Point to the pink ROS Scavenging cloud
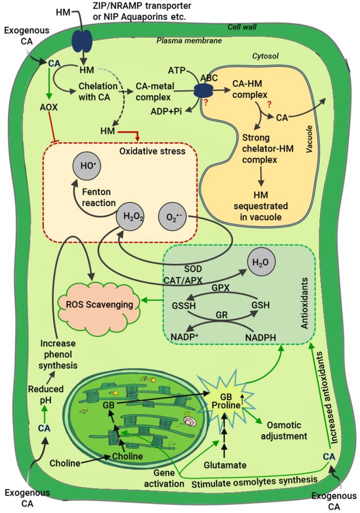[97, 305]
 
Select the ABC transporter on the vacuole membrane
[203, 93]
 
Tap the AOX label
[50, 109]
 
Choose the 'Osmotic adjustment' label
[289, 430]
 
